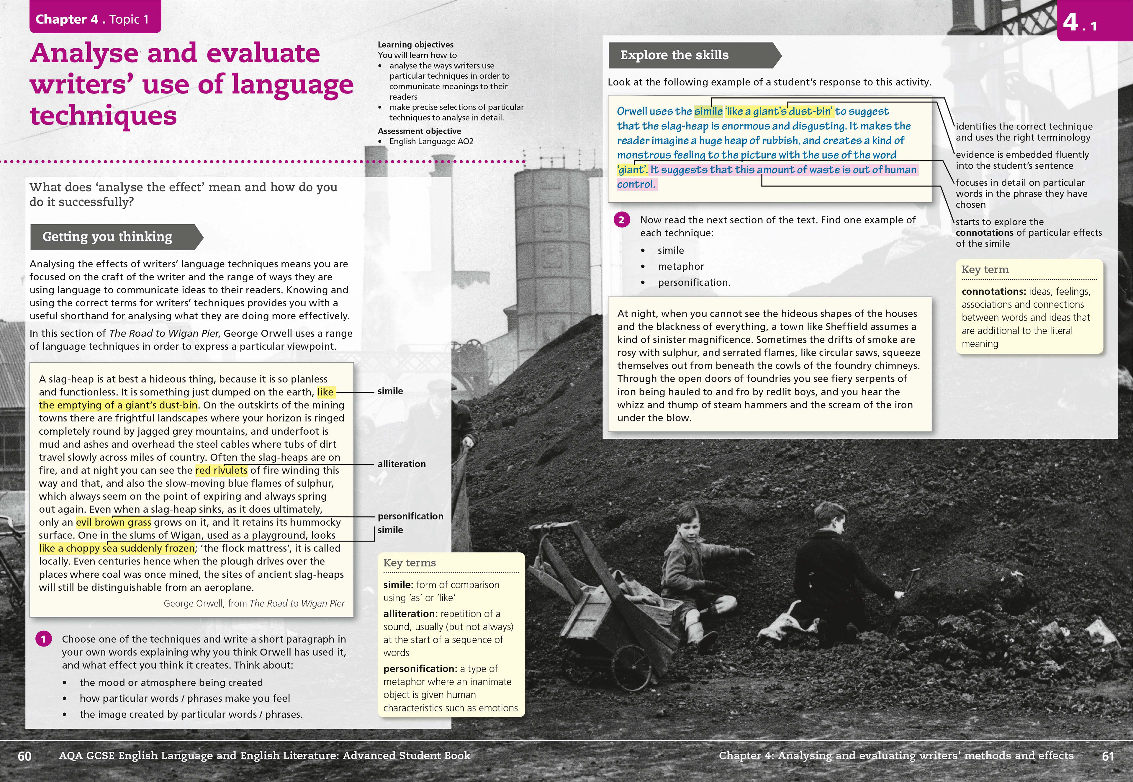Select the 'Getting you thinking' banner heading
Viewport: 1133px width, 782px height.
tap(108, 237)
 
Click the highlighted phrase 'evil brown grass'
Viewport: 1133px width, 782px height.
tap(113, 522)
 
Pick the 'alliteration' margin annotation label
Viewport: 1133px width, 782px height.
tap(401, 464)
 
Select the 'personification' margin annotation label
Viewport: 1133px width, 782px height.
tap(410, 516)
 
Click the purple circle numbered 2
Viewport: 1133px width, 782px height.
tap(621, 220)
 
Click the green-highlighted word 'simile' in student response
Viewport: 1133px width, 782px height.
tap(708, 111)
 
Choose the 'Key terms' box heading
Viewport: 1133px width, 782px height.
tap(409, 562)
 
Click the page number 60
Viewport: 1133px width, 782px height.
tap(24, 756)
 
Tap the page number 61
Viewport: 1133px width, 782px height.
tap(1108, 756)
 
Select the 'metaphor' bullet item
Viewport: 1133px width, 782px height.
tap(680, 266)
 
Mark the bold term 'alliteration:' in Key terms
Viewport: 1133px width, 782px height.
tap(410, 614)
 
